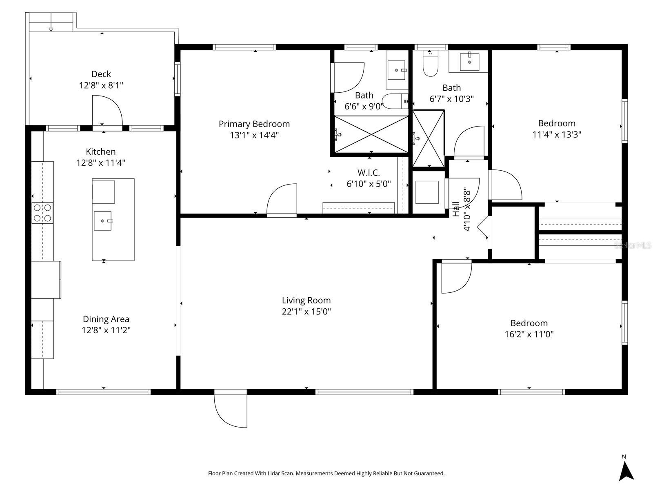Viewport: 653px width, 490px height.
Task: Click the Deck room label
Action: tap(101, 74)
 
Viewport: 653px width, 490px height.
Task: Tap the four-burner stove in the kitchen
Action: tap(42, 213)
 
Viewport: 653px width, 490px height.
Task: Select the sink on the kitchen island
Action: tap(102, 221)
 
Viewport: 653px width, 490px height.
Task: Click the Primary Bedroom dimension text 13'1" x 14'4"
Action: tap(254, 135)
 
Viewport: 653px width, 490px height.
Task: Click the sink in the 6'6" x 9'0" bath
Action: tap(397, 70)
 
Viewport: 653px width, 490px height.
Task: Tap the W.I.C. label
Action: tap(369, 173)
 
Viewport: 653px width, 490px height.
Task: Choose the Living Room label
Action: tap(307, 300)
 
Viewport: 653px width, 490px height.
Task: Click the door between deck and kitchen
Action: tap(107, 111)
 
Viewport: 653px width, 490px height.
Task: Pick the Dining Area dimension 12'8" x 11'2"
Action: tap(106, 330)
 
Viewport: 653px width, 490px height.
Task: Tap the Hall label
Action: tap(456, 209)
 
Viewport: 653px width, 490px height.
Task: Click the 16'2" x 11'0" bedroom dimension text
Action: tap(529, 334)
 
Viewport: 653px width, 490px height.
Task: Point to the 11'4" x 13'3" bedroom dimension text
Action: tap(557, 134)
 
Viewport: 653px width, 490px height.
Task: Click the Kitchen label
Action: tap(100, 152)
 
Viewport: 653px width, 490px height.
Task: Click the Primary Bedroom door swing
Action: tap(282, 199)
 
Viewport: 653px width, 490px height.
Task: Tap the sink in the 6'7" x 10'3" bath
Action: tap(469, 62)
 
